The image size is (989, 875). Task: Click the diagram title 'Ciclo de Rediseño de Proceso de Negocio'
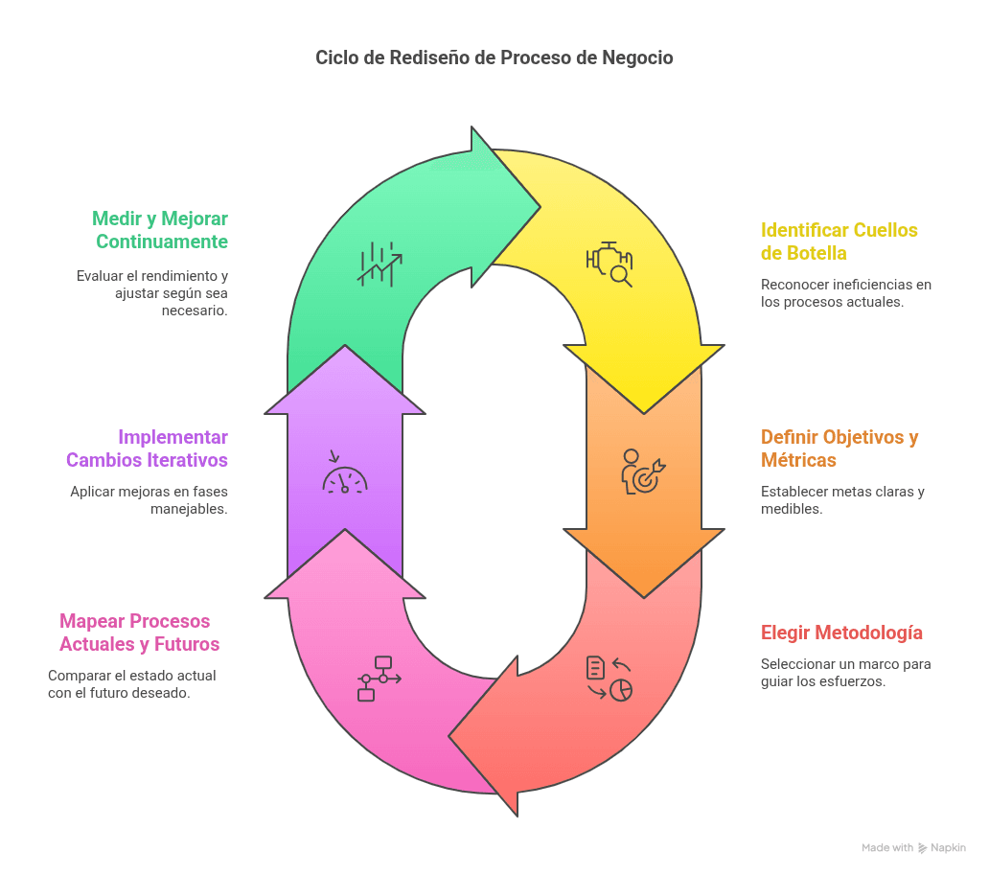494,58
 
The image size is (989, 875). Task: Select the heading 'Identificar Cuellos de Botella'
839,241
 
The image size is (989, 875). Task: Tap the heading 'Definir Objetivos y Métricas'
839,448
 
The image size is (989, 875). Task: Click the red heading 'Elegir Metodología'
841,633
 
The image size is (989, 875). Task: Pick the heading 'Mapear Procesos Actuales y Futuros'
139,633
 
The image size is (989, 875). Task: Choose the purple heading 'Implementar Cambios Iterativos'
147,448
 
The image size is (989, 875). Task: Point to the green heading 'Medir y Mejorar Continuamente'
160,230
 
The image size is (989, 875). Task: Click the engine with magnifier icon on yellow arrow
609,264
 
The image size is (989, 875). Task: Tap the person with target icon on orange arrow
643,472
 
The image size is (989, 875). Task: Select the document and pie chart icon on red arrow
609,679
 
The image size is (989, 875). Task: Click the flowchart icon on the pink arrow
379,679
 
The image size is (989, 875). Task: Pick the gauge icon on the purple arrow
344,472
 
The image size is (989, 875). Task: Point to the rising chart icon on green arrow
379,264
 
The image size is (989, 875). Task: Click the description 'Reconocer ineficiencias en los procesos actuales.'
846,293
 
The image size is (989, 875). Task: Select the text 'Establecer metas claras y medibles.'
842,500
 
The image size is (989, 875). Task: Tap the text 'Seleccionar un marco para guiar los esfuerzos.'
846,673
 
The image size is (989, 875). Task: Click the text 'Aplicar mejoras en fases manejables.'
149,500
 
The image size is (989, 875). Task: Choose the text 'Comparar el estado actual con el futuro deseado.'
132,684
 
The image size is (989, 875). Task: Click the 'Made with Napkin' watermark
913,848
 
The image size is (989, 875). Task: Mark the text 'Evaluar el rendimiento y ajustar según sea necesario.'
152,293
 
